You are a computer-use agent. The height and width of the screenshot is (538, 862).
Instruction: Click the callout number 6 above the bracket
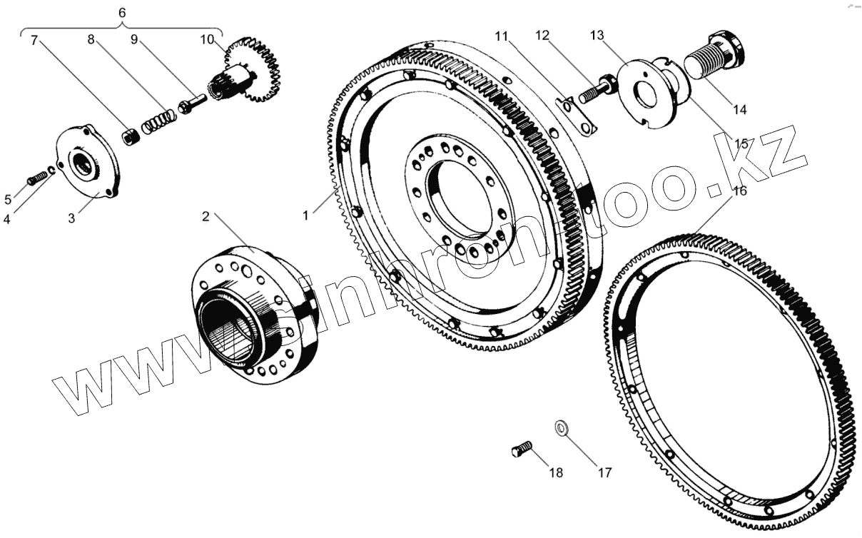click(121, 13)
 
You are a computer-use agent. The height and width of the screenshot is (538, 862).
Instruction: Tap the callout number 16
click(739, 191)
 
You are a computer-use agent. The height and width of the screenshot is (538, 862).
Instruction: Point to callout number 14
click(739, 110)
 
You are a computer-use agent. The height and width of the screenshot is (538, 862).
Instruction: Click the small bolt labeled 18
click(521, 450)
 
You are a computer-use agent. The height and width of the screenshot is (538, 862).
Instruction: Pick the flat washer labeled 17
click(562, 428)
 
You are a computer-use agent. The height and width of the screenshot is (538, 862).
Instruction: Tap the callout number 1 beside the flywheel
click(305, 214)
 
